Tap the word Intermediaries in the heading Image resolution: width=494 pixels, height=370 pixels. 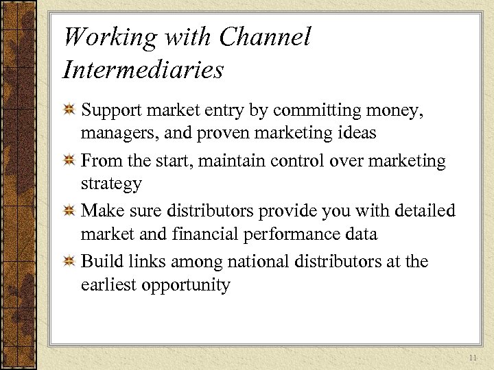coord(143,69)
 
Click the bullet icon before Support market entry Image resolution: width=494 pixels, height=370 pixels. coord(69,111)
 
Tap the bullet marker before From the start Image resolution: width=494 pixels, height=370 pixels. coord(69,162)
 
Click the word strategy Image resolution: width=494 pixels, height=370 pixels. coord(111,184)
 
